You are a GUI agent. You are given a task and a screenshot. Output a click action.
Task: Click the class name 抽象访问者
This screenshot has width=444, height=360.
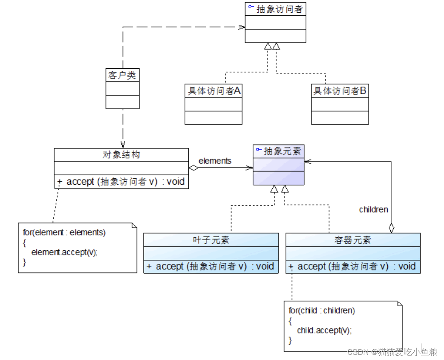[x=280, y=9]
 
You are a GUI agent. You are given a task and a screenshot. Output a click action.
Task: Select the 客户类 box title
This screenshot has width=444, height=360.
[x=122, y=75]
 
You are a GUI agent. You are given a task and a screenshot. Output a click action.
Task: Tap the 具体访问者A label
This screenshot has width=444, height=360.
[x=213, y=91]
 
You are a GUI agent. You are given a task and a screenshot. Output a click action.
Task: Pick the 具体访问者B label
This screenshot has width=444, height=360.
[x=340, y=91]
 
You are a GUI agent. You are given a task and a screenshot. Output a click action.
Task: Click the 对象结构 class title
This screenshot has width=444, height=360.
[x=121, y=155]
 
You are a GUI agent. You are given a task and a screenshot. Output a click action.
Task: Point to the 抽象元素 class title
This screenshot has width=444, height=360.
[x=283, y=151]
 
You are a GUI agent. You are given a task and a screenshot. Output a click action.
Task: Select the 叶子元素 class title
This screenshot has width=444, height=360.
[x=211, y=240]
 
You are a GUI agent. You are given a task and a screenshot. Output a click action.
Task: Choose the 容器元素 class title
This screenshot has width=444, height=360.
[x=353, y=240]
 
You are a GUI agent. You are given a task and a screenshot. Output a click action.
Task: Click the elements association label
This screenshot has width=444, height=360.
[x=215, y=161]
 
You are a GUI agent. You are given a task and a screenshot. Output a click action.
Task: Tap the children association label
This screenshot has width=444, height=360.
[x=374, y=209]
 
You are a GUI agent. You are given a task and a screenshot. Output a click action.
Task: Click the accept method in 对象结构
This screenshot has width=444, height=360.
[x=121, y=182]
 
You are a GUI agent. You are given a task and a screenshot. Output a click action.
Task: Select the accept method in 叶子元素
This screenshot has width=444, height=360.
[x=210, y=267]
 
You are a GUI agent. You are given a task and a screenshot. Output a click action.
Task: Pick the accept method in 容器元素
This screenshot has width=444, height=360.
[x=352, y=267]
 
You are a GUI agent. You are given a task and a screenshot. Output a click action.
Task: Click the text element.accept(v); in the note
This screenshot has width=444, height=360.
[x=64, y=252]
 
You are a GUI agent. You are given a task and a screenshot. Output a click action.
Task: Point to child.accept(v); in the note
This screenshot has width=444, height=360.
[x=324, y=330]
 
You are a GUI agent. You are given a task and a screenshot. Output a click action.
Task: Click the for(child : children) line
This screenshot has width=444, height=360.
[x=322, y=311]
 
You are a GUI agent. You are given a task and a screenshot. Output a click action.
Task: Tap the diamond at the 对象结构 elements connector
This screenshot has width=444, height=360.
[x=194, y=168]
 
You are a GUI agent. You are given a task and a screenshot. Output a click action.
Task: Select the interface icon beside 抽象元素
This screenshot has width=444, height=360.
[x=258, y=150]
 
